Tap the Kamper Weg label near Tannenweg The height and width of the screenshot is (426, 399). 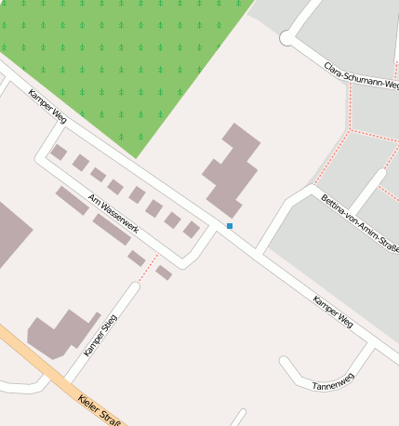pos(333,311)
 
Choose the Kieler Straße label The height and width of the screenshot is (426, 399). pos(98,408)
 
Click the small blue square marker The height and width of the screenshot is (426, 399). pos(230,226)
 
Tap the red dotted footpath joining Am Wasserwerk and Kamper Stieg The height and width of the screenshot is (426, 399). pos(147,268)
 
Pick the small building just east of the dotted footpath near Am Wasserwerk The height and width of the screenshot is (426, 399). pos(165,273)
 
